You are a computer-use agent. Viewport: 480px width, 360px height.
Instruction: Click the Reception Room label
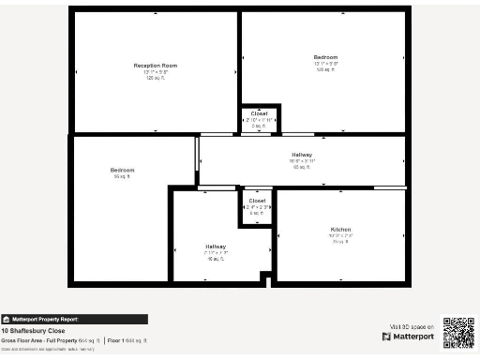click(156, 66)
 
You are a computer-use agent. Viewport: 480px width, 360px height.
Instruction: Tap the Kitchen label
click(339, 229)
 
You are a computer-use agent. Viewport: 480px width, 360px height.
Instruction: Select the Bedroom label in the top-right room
click(325, 57)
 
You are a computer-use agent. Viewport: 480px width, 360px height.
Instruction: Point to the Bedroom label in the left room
click(122, 170)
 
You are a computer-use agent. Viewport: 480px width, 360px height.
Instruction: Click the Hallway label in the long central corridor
click(302, 154)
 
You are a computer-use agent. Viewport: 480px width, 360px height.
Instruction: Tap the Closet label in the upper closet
click(259, 113)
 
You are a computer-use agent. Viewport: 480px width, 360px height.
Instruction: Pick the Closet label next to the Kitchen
click(257, 201)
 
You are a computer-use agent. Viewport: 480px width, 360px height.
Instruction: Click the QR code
click(458, 332)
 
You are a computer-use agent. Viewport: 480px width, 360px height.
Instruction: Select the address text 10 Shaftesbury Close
click(33, 331)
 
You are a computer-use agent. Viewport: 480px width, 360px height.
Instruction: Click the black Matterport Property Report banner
click(74, 319)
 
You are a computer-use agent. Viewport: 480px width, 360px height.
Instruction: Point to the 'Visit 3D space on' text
click(409, 326)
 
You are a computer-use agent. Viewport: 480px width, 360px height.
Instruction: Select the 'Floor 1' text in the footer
click(117, 340)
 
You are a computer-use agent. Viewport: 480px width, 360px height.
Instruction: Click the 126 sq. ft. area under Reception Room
click(156, 78)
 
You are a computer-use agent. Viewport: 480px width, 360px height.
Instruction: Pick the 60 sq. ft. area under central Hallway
click(302, 167)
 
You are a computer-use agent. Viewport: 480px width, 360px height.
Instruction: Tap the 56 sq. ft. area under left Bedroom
click(122, 176)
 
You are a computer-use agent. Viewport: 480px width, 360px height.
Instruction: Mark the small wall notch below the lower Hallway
click(265, 279)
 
